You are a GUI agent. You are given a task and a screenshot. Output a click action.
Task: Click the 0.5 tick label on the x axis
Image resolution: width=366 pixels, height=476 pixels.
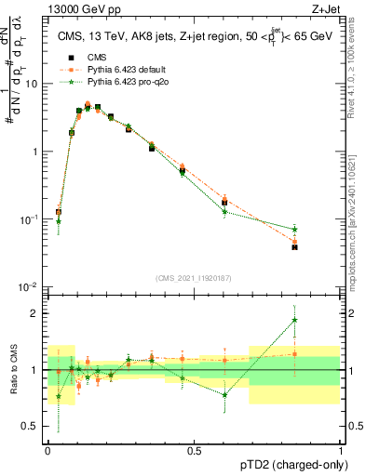click(194, 450)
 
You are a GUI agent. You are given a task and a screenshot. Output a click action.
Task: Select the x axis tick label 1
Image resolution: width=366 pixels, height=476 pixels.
click(341, 450)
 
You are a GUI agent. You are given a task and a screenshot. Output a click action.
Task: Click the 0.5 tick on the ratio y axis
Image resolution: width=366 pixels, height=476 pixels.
click(34, 428)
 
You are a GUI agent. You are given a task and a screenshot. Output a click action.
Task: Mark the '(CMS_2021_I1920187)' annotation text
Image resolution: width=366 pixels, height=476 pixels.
click(194, 278)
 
